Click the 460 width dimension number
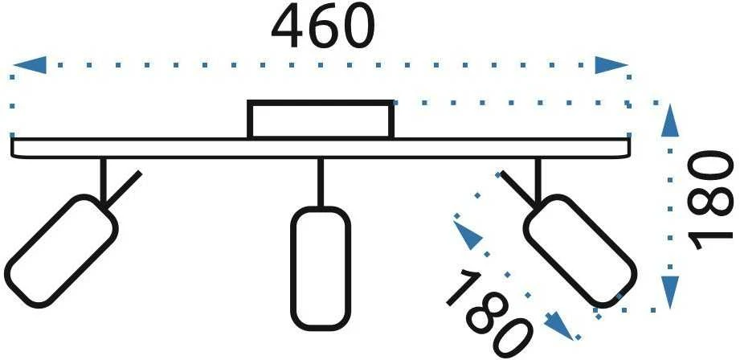click(x=323, y=26)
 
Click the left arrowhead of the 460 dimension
click(x=30, y=65)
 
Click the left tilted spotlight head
click(x=61, y=252)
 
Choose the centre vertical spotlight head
click(x=321, y=268)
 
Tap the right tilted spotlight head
click(x=580, y=251)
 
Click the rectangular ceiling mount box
click(x=321, y=120)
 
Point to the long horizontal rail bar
click(x=321, y=148)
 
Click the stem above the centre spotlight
click(x=321, y=182)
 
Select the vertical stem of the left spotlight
click(x=104, y=181)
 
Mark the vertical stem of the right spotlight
click(x=538, y=181)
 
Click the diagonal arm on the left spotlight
click(x=123, y=190)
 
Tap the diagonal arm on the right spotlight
click(x=518, y=190)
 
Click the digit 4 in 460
click(x=288, y=27)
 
